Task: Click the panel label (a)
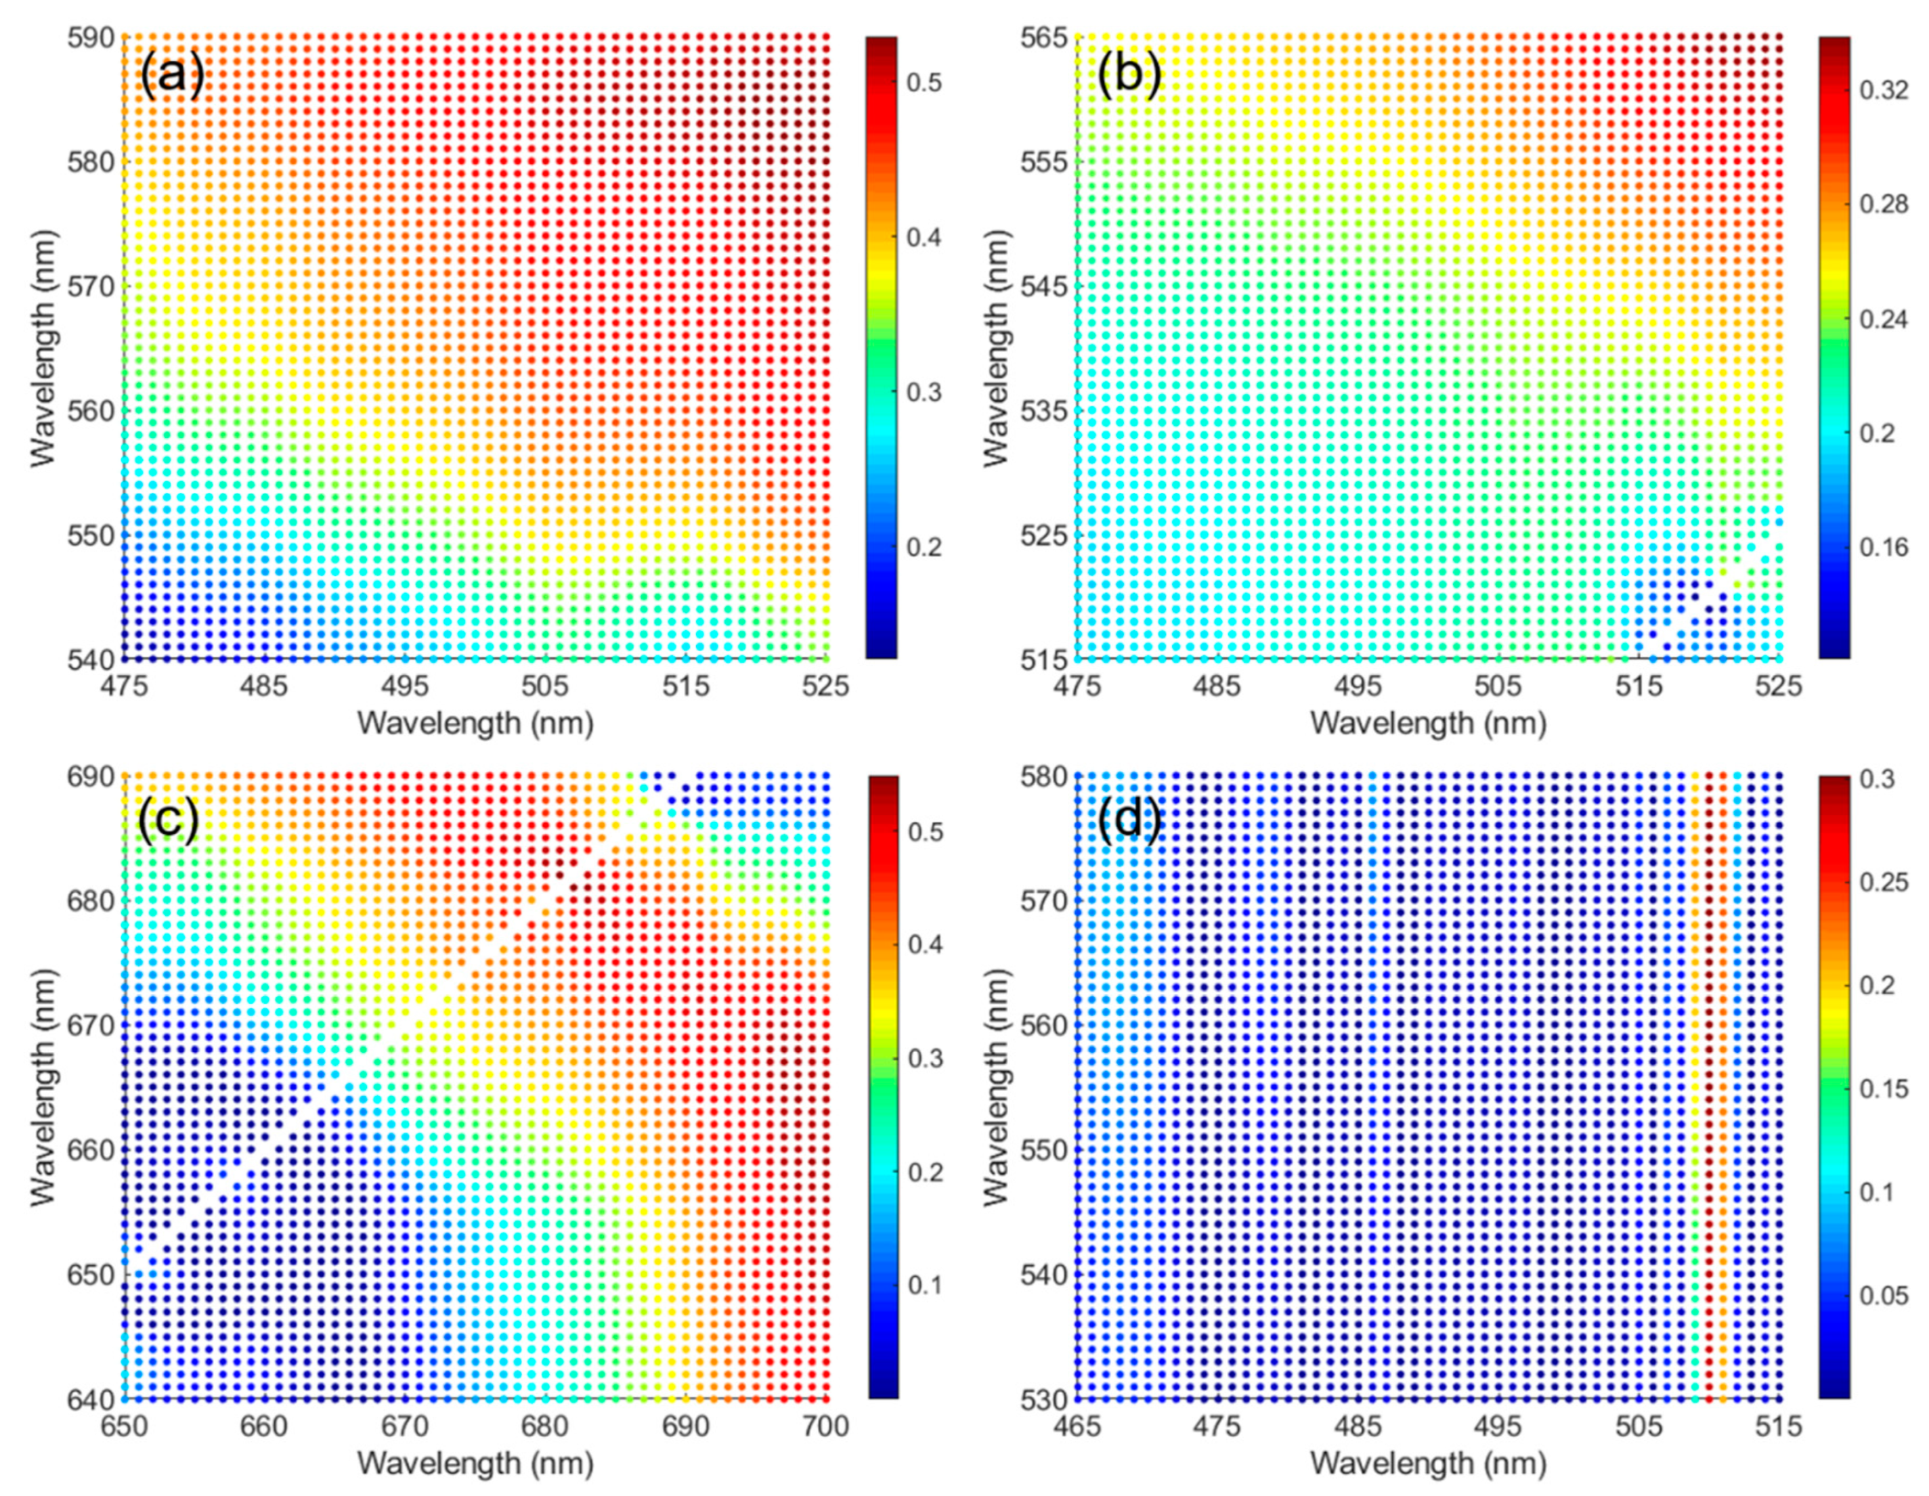(x=172, y=76)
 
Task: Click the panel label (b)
(x=1128, y=76)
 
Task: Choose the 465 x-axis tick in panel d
(x=1077, y=1426)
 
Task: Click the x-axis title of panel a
(x=475, y=723)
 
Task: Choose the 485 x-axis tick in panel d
(x=1358, y=1426)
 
